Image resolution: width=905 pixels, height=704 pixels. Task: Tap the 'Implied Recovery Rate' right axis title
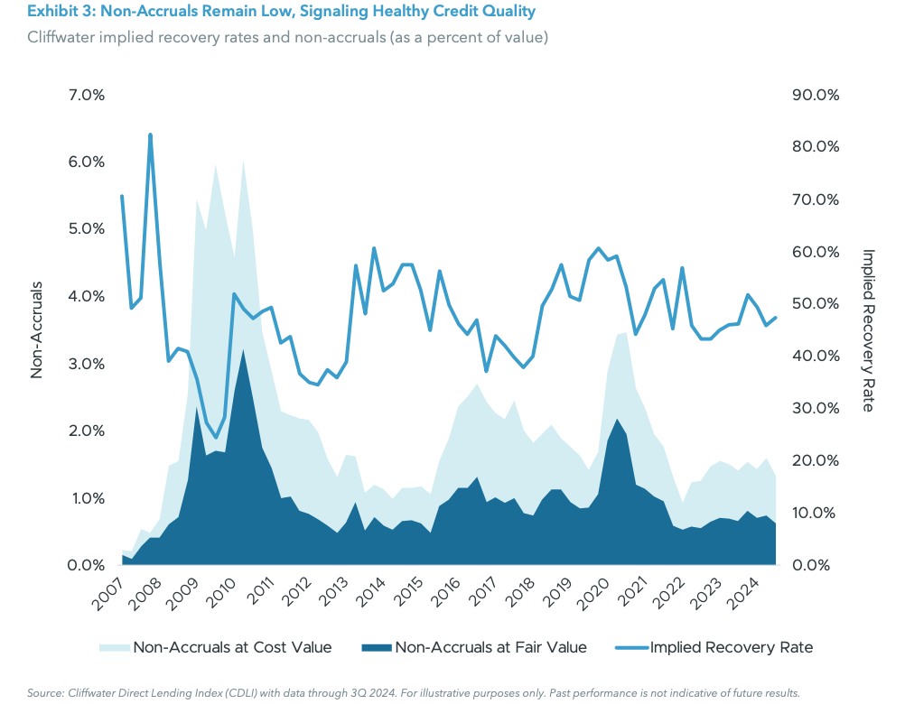click(868, 330)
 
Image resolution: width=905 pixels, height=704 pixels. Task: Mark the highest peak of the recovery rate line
click(150, 134)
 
